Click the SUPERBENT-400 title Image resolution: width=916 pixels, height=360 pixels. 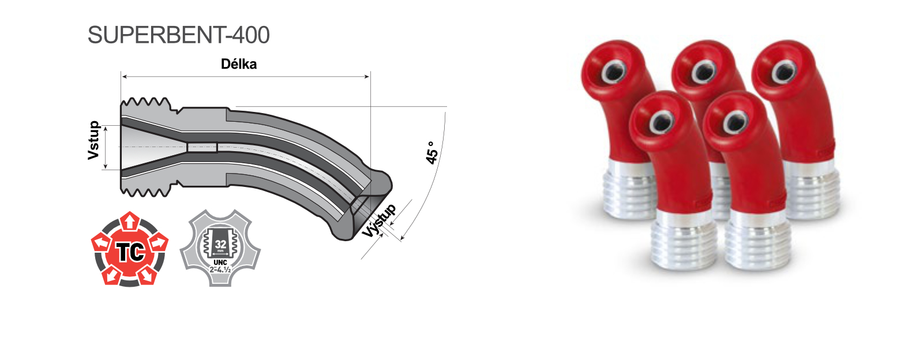tap(179, 35)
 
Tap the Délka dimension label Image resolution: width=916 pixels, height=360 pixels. tap(239, 64)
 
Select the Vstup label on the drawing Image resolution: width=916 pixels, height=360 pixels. tap(93, 140)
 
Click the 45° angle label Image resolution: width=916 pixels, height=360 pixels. tap(431, 153)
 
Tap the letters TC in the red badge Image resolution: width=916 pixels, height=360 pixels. tap(130, 252)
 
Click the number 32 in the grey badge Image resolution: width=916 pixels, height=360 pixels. tap(220, 244)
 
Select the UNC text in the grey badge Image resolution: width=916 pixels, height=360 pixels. tap(220, 262)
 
